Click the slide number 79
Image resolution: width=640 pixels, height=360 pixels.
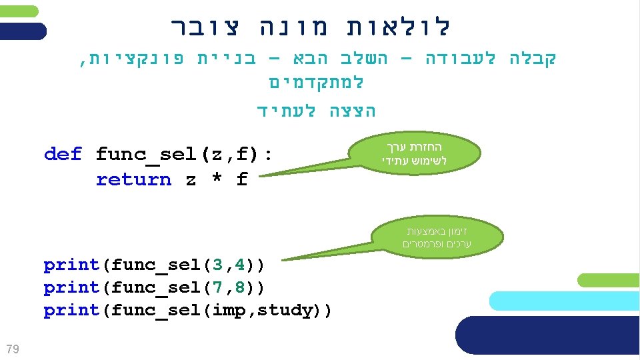tap(11, 348)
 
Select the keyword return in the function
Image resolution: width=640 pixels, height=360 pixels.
tap(133, 180)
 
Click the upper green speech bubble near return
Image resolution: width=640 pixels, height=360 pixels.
tap(414, 154)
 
